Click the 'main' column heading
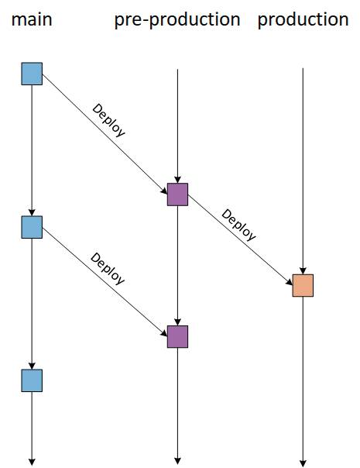(x=32, y=19)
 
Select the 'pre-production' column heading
(x=177, y=20)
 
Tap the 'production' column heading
(x=303, y=20)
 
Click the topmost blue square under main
(x=32, y=74)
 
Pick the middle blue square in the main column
(x=32, y=227)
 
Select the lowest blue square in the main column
(x=32, y=380)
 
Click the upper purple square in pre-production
(x=177, y=194)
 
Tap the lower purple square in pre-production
(x=177, y=337)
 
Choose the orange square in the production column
(x=303, y=285)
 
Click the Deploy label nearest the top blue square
(x=108, y=120)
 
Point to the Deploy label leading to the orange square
(x=238, y=225)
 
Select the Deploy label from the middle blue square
(x=108, y=269)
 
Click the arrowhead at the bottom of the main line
(x=32, y=463)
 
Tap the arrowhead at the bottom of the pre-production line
(x=177, y=461)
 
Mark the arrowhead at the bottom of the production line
(x=303, y=463)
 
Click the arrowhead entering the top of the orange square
(x=303, y=270)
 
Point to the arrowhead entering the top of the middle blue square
(x=32, y=212)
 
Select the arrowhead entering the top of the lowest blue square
(x=32, y=366)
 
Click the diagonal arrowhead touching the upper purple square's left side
(x=164, y=191)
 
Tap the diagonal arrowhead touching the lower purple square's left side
(x=164, y=333)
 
